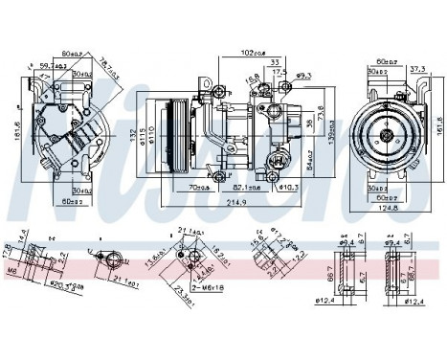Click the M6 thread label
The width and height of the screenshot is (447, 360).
[x=11, y=271]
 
